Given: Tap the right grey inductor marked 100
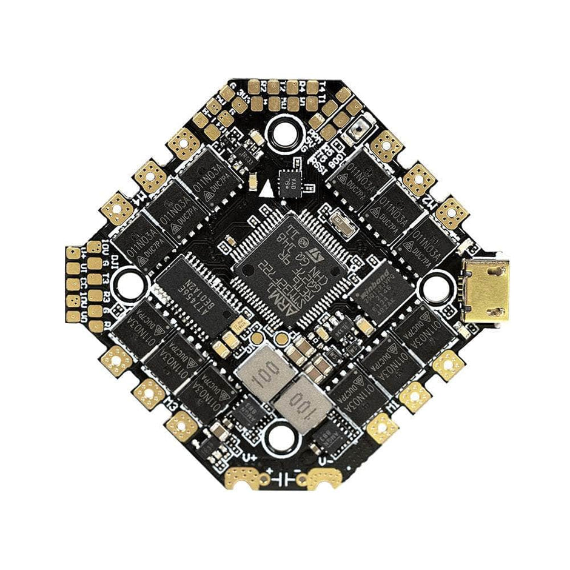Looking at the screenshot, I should [x=298, y=402].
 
